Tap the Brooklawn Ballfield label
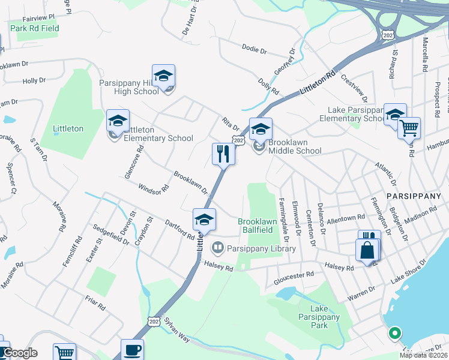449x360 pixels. (258, 226)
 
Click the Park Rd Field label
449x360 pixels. (35, 28)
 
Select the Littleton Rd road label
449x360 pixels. (318, 83)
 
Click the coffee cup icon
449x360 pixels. (132, 350)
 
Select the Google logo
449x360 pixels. (19, 353)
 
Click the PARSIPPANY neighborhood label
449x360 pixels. (414, 196)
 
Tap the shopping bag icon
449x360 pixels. (367, 250)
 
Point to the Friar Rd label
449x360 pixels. (95, 303)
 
